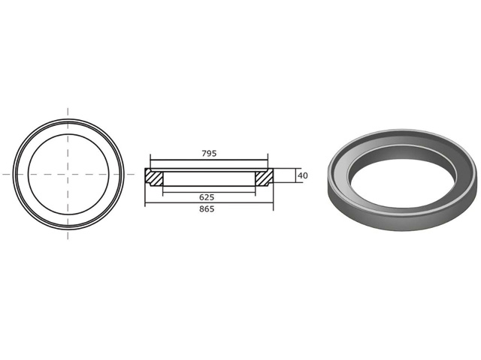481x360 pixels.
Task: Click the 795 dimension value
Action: pyautogui.click(x=209, y=153)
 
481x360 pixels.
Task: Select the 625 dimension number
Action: pyautogui.click(x=207, y=196)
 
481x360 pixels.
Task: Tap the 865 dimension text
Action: pyautogui.click(x=207, y=209)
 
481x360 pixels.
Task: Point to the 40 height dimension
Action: pyautogui.click(x=303, y=175)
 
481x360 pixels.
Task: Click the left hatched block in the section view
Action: pyautogui.click(x=154, y=177)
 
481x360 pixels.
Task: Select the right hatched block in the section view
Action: pyautogui.click(x=264, y=177)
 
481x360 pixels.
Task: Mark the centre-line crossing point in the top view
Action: pyautogui.click(x=68, y=174)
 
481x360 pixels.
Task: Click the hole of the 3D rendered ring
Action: pyautogui.click(x=404, y=179)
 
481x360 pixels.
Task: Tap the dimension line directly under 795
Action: pyautogui.click(x=209, y=159)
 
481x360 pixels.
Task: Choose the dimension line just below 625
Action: pyautogui.click(x=209, y=192)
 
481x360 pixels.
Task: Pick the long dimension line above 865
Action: pyautogui.click(x=209, y=203)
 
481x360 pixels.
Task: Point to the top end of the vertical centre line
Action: pyautogui.click(x=68, y=109)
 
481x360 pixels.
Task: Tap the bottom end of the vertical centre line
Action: pyautogui.click(x=68, y=238)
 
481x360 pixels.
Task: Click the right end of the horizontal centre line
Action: pyautogui.click(x=133, y=174)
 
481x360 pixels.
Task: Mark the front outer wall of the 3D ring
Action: pyautogui.click(x=398, y=222)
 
